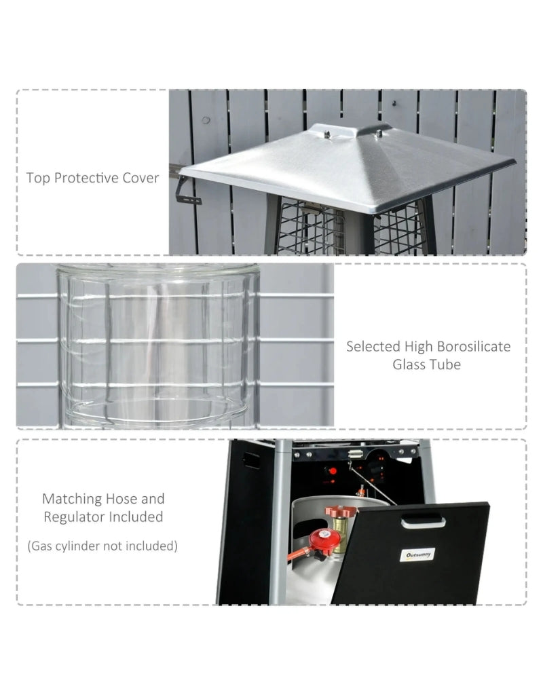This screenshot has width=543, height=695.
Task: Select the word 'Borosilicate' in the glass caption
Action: pos(470,346)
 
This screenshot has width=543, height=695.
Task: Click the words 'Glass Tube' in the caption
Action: pos(426,364)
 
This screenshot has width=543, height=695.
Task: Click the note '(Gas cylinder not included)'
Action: pos(102,546)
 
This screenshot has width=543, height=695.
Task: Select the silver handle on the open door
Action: pos(423,521)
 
